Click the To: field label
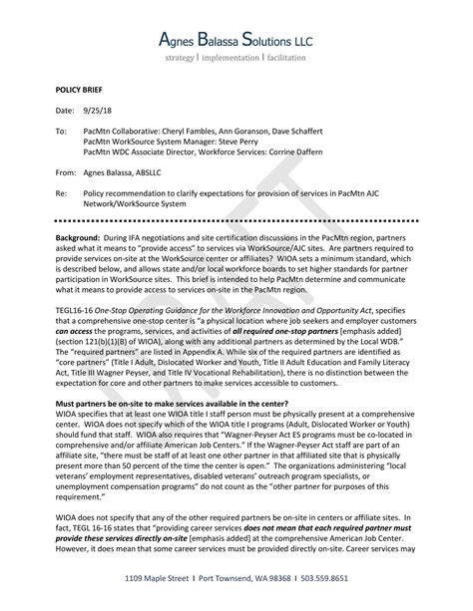[x=61, y=130]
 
